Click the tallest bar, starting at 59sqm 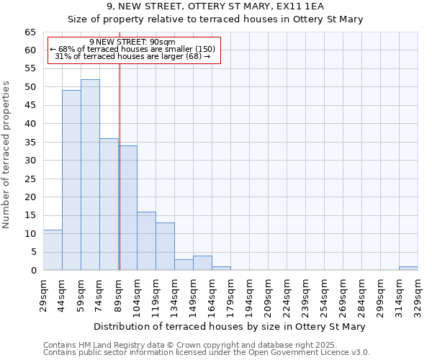point(90,175)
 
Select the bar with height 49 point(71,180)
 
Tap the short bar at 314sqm point(408,269)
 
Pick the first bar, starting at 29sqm point(53,250)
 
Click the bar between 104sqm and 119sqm point(146,241)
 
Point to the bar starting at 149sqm point(202,263)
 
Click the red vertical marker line point(120,166)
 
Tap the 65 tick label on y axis point(30,32)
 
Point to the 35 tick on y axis point(30,143)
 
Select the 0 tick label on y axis point(33,271)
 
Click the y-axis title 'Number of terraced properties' point(7,155)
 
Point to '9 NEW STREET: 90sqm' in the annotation point(132,42)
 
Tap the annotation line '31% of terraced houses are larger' point(132,56)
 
